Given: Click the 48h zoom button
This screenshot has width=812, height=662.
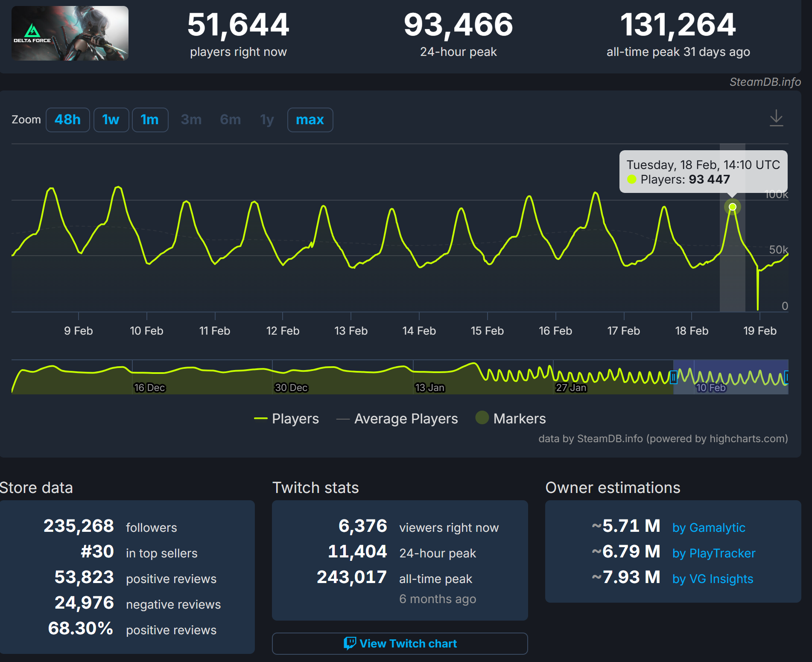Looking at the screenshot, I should tap(67, 120).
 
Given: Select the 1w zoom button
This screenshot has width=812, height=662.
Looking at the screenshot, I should tap(111, 120).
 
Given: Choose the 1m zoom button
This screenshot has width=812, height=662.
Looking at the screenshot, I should tap(150, 120).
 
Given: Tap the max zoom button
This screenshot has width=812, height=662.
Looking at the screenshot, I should tap(310, 120).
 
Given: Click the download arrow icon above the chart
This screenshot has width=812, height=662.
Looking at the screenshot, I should tap(776, 118).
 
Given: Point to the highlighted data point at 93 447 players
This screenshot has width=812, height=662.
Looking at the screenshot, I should tap(733, 207).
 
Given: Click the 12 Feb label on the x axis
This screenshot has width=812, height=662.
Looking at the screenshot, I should tap(283, 331).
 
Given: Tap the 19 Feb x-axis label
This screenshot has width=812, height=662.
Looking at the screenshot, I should tap(760, 331).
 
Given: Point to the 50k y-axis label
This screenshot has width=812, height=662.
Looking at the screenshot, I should tap(778, 250).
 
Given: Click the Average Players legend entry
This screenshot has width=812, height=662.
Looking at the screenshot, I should tap(406, 419).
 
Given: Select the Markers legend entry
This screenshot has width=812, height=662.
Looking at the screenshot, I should tap(519, 419).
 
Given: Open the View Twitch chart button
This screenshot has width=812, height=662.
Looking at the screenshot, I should tap(400, 644).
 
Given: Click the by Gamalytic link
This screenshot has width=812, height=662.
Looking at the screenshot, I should tap(709, 528).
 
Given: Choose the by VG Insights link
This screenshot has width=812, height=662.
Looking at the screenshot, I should tap(713, 579).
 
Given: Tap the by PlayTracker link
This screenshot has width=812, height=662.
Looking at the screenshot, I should tap(714, 553).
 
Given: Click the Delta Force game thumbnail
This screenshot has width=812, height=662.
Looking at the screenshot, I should tap(70, 33).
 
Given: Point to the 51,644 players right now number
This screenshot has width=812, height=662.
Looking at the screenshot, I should tap(238, 25).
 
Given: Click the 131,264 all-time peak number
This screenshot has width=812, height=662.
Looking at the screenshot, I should tap(678, 25).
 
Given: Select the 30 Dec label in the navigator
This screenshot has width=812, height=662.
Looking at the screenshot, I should tap(291, 388).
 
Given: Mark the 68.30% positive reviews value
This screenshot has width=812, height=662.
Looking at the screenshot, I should tap(81, 628).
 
